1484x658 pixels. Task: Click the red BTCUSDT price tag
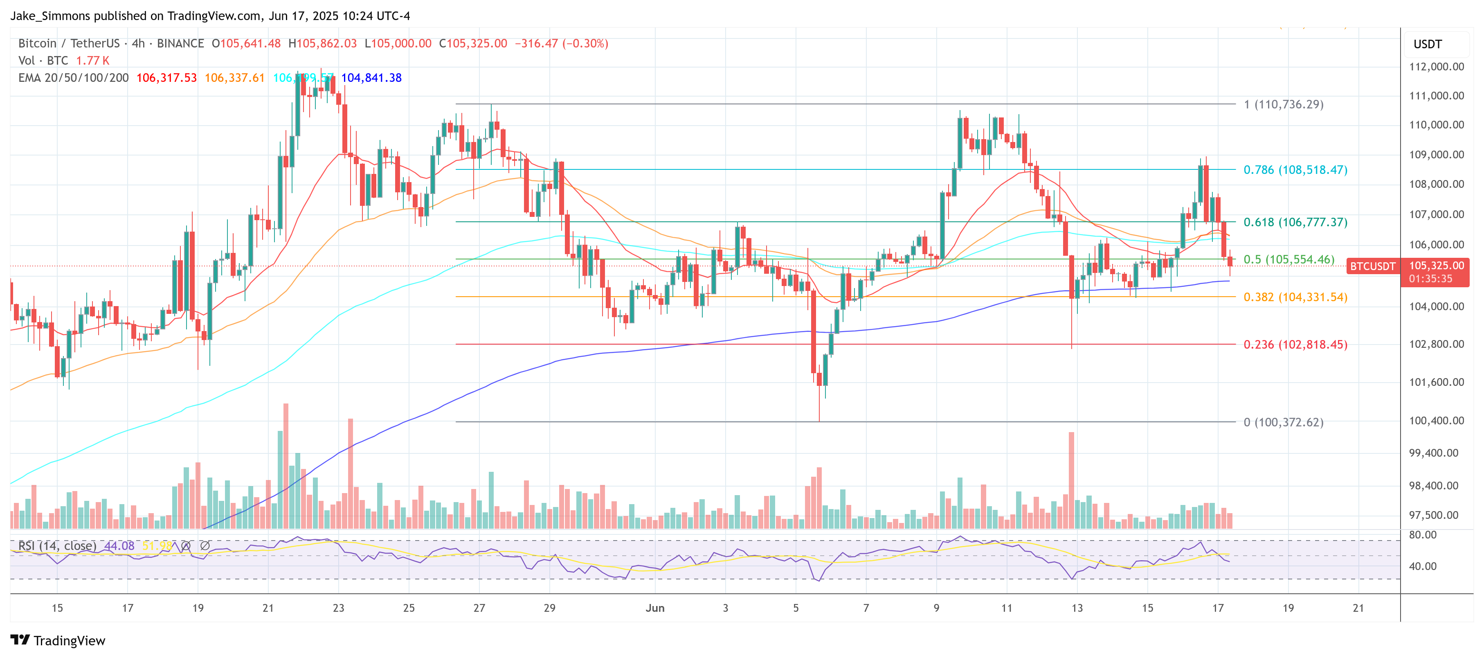(x=1372, y=266)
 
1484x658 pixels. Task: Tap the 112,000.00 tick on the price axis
(x=1436, y=67)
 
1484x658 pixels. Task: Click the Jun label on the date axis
(x=654, y=608)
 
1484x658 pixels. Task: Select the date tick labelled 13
(x=1077, y=608)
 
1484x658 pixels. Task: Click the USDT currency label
(x=1427, y=44)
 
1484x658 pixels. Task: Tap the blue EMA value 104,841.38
(x=371, y=78)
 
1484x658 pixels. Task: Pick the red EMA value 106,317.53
(x=166, y=78)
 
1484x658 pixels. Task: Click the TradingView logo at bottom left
(x=58, y=640)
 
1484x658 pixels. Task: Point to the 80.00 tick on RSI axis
(x=1422, y=535)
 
